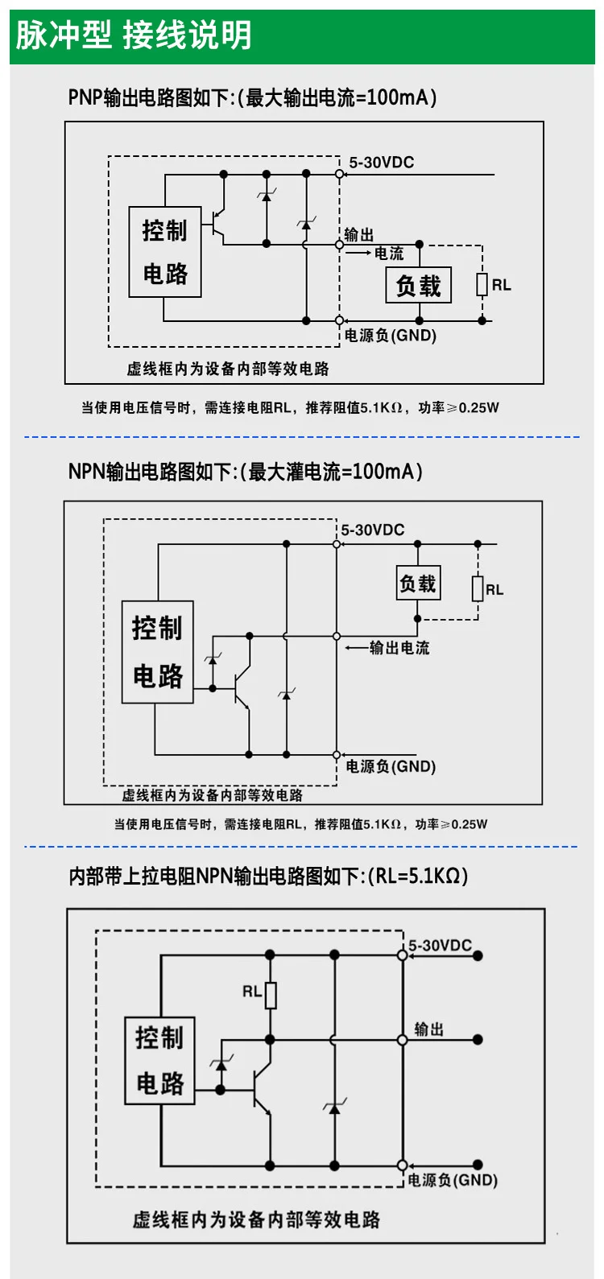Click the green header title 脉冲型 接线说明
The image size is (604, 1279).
(x=134, y=36)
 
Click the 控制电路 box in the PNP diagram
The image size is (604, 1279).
(x=165, y=252)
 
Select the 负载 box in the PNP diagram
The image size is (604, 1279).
(x=419, y=286)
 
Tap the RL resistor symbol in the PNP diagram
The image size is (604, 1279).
(x=482, y=285)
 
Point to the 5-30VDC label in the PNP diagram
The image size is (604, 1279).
(x=381, y=163)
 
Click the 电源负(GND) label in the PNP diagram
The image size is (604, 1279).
(x=391, y=336)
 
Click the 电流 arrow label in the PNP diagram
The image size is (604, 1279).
(x=389, y=254)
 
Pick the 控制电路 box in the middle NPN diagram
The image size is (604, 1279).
(x=158, y=652)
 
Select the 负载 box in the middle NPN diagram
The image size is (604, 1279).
(x=418, y=584)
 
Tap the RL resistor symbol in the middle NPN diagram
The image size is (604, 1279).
(x=478, y=589)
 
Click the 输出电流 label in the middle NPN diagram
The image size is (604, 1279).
(x=399, y=648)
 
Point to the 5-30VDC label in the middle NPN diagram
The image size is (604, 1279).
(x=372, y=530)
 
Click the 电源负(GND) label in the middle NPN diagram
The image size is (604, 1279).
(x=391, y=767)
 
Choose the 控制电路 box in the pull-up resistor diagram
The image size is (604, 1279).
(x=159, y=1060)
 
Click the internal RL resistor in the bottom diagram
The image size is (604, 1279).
(x=271, y=995)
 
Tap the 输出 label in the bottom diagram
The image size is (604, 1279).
(x=428, y=1029)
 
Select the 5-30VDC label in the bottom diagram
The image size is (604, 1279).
(x=440, y=945)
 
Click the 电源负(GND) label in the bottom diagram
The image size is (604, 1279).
(x=453, y=1180)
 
